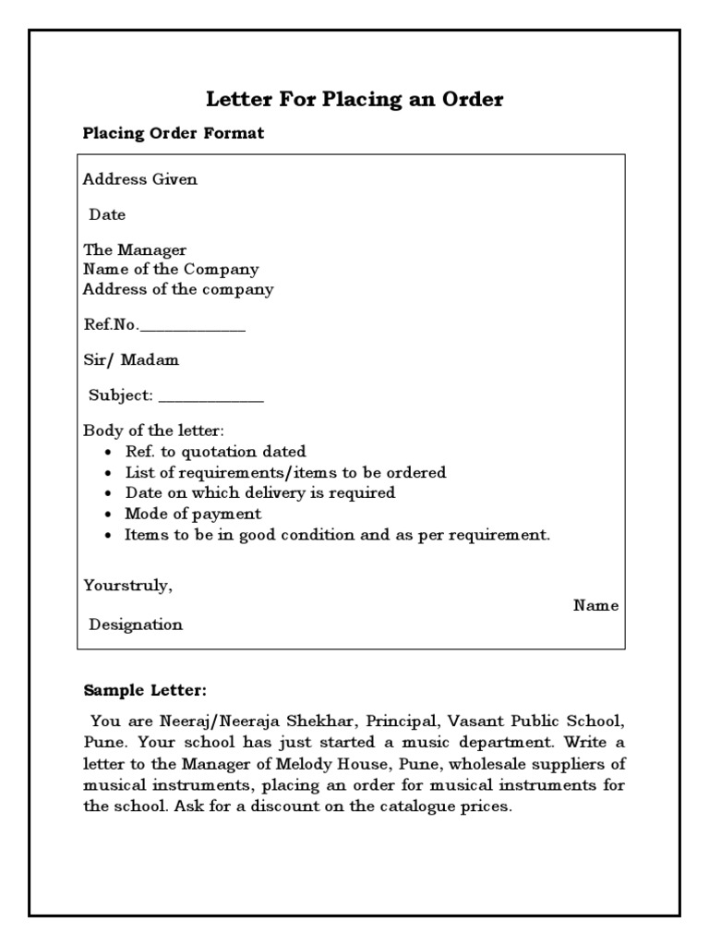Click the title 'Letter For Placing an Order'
354,100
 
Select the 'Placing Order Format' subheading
174,133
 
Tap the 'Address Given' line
139,179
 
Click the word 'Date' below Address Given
107,214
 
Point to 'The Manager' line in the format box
135,250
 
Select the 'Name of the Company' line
171,270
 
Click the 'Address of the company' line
178,289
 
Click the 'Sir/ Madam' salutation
131,359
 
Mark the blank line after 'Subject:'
211,396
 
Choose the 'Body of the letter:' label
154,431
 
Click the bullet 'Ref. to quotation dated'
216,452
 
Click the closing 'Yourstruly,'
127,585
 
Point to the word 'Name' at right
595,606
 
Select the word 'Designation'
136,625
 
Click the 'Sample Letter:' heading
145,690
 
